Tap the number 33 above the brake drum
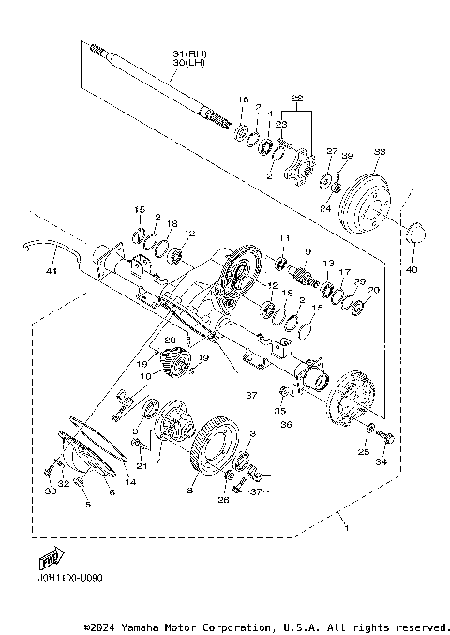tap(379, 151)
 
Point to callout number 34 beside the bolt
tap(381, 462)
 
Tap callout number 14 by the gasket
tap(130, 481)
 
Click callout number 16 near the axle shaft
tap(242, 98)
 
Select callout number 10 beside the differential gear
tap(144, 376)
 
